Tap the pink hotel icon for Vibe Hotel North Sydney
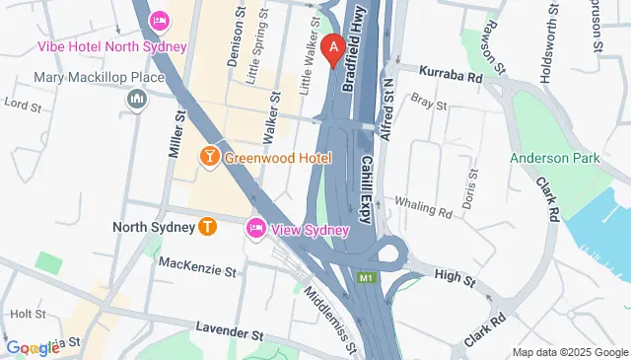click(x=159, y=21)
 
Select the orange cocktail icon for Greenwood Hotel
click(x=209, y=157)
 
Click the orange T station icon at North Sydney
click(x=207, y=227)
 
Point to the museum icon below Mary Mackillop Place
click(x=136, y=99)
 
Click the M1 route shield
click(x=367, y=279)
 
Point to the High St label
click(x=454, y=277)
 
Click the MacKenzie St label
click(x=197, y=269)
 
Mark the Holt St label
click(x=22, y=314)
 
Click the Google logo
click(x=33, y=348)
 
